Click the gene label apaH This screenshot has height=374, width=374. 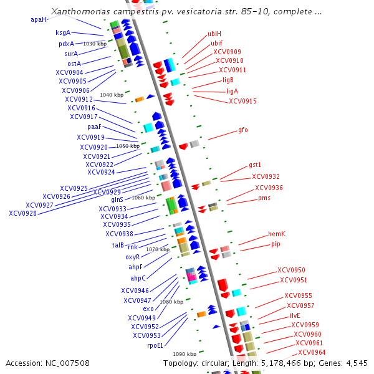38,19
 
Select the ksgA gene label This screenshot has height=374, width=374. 63,32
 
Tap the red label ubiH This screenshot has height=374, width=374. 214,34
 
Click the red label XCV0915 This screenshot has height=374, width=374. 242,101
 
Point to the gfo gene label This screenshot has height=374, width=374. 243,130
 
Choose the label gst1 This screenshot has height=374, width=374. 254,165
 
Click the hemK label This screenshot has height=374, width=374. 276,234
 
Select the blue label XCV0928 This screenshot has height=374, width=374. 22,213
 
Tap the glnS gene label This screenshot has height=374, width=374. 117,199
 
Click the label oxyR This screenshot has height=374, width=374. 132,257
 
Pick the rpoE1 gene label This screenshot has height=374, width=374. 155,345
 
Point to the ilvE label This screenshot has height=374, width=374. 295,315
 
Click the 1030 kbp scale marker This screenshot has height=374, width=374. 95,44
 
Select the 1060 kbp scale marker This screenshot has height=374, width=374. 143,198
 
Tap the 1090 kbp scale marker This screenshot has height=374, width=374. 185,353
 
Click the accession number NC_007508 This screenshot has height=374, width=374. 47,363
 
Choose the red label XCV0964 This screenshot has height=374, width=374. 312,352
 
